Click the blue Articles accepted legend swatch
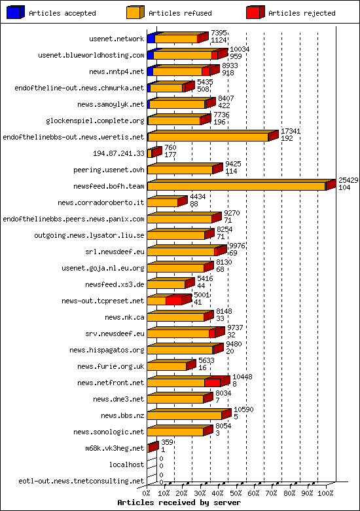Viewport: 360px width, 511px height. (x=15, y=12)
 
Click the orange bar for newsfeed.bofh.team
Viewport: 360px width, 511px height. (x=236, y=187)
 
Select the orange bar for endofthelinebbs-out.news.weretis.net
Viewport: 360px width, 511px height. (x=208, y=138)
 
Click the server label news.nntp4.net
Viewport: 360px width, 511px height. (x=117, y=71)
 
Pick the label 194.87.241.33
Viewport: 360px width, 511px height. (x=118, y=153)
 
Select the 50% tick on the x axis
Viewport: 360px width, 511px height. (x=236, y=493)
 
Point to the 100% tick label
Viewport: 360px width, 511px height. (x=326, y=493)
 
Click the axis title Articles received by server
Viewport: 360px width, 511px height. (x=179, y=502)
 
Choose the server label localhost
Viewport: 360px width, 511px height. (x=127, y=464)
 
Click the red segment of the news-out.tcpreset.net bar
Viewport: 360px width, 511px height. (x=174, y=301)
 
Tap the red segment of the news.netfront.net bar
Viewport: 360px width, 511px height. (x=213, y=383)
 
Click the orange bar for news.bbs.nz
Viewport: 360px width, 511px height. (x=185, y=415)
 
